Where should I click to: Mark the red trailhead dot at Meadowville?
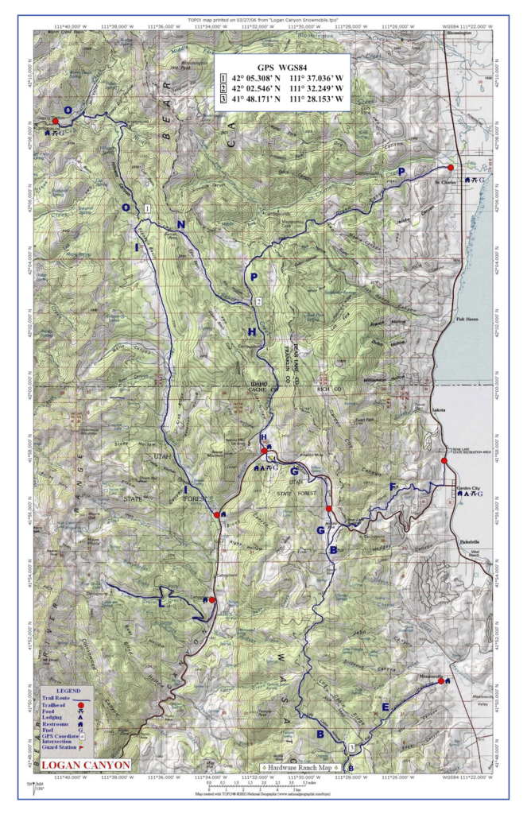pyautogui.click(x=441, y=681)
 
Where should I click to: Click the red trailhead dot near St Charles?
pyautogui.click(x=450, y=168)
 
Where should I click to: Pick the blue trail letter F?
pyautogui.click(x=391, y=486)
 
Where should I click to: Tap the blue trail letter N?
pyautogui.click(x=181, y=225)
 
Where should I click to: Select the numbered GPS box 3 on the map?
pyautogui.click(x=351, y=748)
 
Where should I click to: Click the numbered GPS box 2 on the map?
pyautogui.click(x=258, y=302)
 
